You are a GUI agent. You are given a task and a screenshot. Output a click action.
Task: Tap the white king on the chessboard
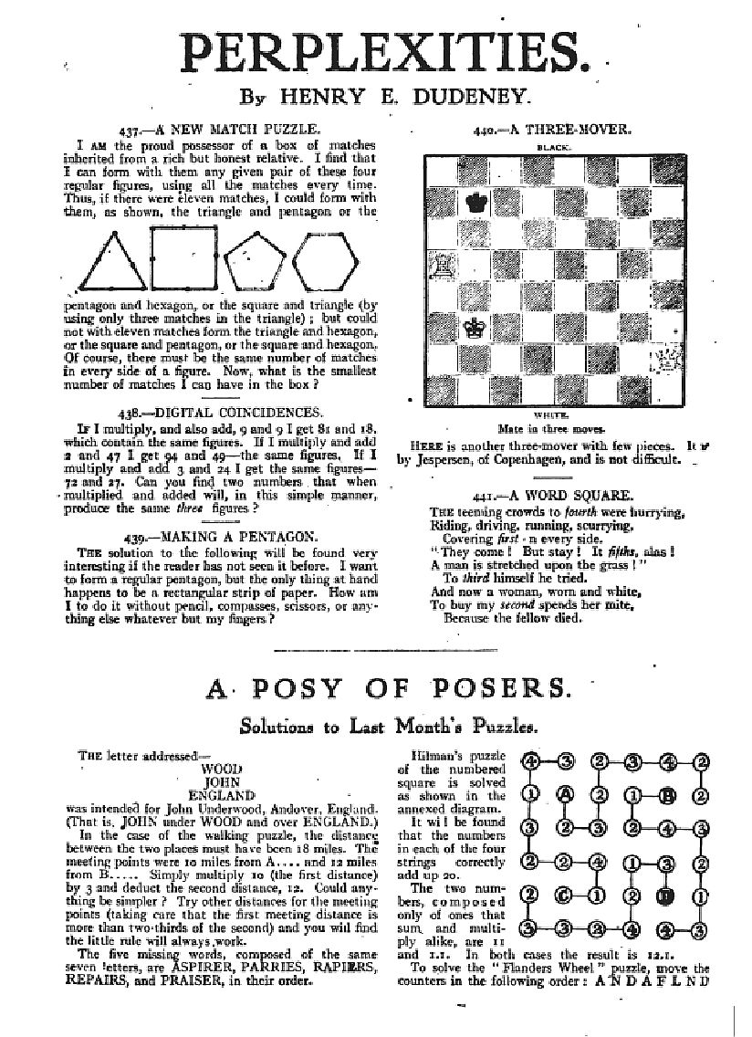pyautogui.click(x=474, y=329)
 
